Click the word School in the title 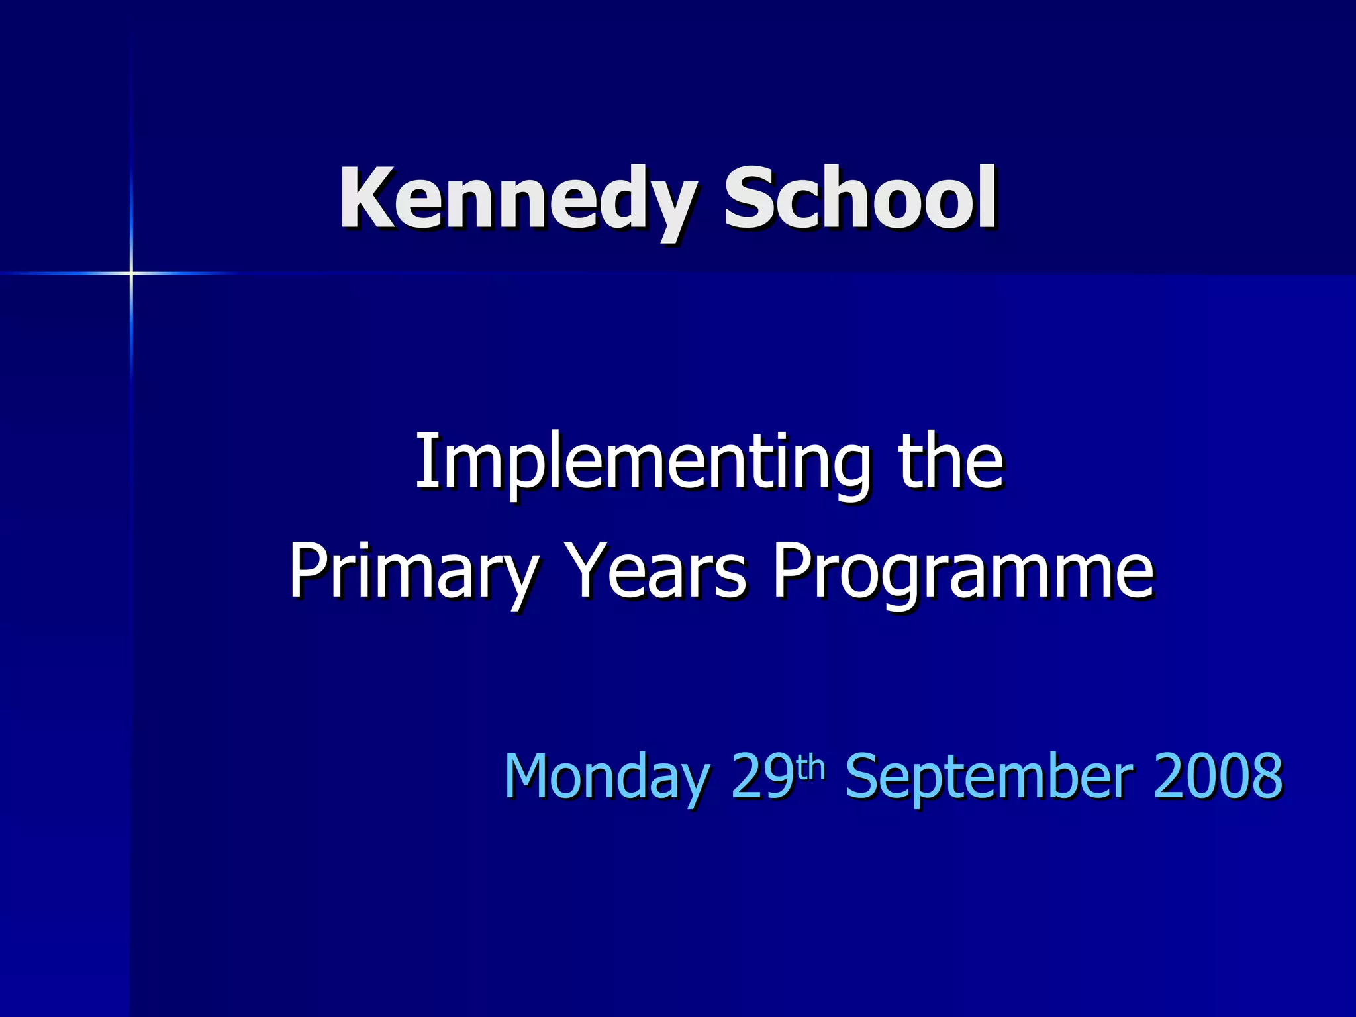click(x=859, y=199)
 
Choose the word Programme click(x=963, y=571)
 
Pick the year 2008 click(x=1218, y=775)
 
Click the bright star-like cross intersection click(x=131, y=273)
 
